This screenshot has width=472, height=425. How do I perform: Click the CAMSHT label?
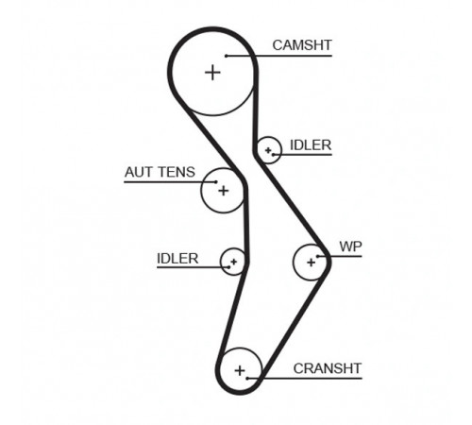click(302, 45)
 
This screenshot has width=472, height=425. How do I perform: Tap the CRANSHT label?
click(328, 368)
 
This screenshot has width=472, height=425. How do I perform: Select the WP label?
click(350, 246)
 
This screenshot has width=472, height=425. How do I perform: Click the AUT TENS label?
click(160, 172)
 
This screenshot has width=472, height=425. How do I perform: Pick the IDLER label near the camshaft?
click(311, 145)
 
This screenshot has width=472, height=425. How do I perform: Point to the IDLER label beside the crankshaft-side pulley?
click(177, 259)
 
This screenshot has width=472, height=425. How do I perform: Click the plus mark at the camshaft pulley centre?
click(212, 73)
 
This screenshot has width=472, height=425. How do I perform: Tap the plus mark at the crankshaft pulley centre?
click(240, 370)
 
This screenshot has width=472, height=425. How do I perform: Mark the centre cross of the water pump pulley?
click(311, 263)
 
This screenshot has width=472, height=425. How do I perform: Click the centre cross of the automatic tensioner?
click(223, 191)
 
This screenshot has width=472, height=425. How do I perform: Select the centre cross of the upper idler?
click(268, 150)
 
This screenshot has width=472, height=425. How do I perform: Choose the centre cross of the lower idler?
click(233, 262)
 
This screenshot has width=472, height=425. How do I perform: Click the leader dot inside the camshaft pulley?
click(226, 56)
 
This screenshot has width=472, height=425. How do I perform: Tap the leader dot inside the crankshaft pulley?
click(247, 378)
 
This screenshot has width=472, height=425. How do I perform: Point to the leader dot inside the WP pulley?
click(318, 256)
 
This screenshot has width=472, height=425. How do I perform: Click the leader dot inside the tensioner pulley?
click(216, 182)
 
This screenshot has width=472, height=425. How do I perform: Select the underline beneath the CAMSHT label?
click(279, 56)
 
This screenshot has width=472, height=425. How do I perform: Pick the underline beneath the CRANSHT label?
click(305, 378)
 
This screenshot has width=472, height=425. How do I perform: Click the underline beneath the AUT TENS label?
click(170, 182)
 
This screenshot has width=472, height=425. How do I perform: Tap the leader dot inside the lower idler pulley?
click(228, 267)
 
